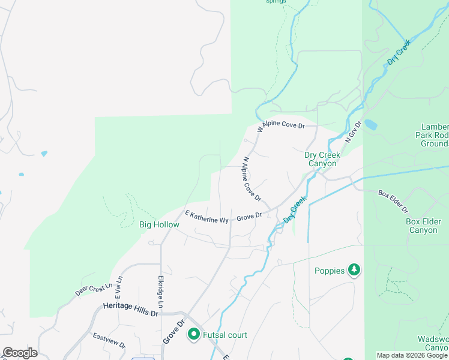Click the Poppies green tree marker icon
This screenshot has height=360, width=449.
(x=354, y=271)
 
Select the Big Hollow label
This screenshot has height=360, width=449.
(x=159, y=224)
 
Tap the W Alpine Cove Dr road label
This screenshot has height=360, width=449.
(x=281, y=127)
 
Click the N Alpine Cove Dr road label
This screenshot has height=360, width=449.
(x=252, y=179)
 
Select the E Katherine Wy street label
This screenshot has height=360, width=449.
(x=207, y=217)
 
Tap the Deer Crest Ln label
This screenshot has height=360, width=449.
(x=94, y=289)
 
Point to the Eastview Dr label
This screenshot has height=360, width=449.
(x=109, y=341)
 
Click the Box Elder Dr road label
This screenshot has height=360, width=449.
(x=393, y=202)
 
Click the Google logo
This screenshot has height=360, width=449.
(x=20, y=353)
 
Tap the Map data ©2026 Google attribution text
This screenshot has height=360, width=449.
(x=412, y=355)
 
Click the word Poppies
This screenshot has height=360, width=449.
(x=330, y=271)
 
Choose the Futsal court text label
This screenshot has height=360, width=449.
(x=225, y=335)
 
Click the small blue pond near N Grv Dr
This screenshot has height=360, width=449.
(x=370, y=125)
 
